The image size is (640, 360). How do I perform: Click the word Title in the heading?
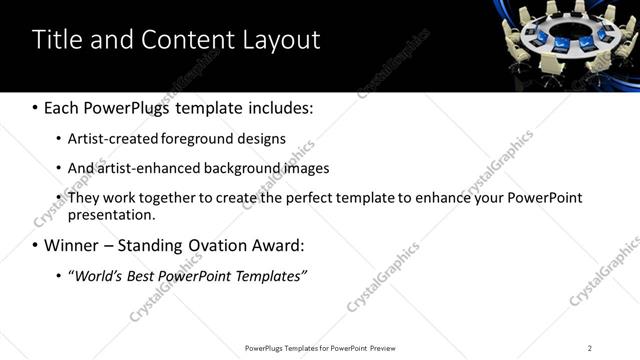(58, 40)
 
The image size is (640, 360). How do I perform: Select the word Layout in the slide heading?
(279, 40)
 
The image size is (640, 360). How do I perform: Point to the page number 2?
(590, 348)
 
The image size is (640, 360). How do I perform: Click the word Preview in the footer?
(383, 348)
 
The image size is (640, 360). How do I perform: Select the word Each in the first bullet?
(64, 107)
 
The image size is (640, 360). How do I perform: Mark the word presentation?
(110, 215)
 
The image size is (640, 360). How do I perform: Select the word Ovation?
(221, 245)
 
